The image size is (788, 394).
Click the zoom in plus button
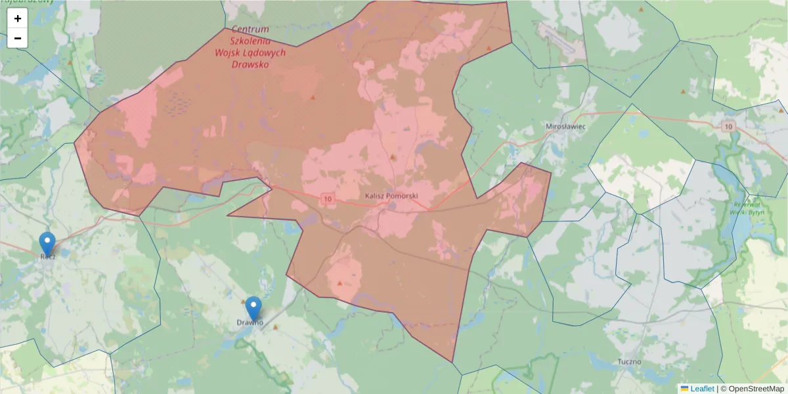(18, 18)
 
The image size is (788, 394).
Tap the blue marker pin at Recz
(47, 244)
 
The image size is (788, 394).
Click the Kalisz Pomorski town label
(391, 196)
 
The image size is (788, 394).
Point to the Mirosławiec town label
(566, 125)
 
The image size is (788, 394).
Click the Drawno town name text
(250, 322)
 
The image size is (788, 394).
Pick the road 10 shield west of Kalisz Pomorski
(328, 198)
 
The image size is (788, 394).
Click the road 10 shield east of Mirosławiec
(728, 126)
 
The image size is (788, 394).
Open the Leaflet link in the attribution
(701, 389)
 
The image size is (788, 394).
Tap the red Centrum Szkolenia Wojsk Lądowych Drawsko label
(250, 47)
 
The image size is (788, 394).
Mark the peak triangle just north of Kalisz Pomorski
(393, 157)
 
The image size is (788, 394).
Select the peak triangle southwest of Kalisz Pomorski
(339, 283)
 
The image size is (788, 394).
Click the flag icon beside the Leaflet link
(685, 389)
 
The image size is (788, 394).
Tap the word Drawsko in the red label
(250, 64)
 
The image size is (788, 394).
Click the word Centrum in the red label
(250, 29)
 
